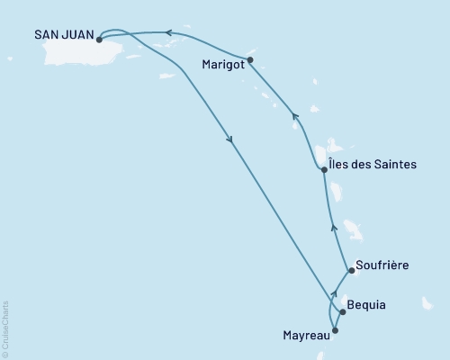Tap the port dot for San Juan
click(x=98, y=39)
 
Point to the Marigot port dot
click(x=250, y=60)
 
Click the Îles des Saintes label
click(x=374, y=168)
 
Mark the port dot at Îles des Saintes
click(x=324, y=169)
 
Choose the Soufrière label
click(x=382, y=265)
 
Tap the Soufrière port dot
click(x=349, y=268)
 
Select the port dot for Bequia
click(x=342, y=312)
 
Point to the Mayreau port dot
click(x=336, y=330)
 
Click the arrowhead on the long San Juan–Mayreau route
click(x=231, y=139)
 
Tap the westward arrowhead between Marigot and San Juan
click(x=168, y=34)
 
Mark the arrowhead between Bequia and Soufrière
click(x=334, y=292)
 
